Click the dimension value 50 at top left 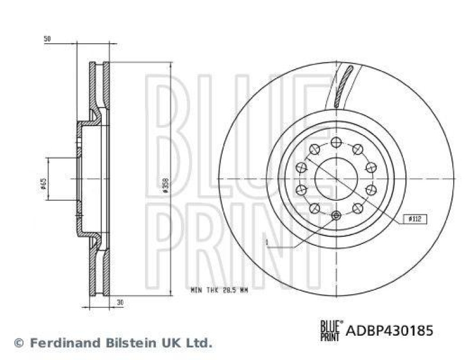point(48,39)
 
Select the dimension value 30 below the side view point(120,302)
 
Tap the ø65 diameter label point(43,184)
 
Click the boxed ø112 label point(415,218)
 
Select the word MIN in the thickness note point(196,290)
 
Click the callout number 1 point(267,242)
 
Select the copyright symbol point(18,343)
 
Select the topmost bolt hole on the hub point(336,141)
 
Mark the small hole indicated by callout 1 point(336,215)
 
